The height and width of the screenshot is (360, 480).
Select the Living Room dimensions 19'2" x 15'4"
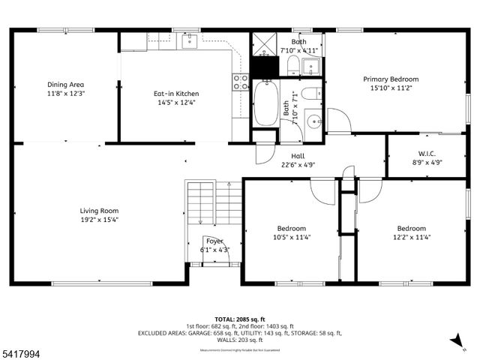pos(99,220)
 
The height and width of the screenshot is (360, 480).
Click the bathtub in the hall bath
pos(265,104)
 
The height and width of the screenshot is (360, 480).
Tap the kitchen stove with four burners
pos(240,82)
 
